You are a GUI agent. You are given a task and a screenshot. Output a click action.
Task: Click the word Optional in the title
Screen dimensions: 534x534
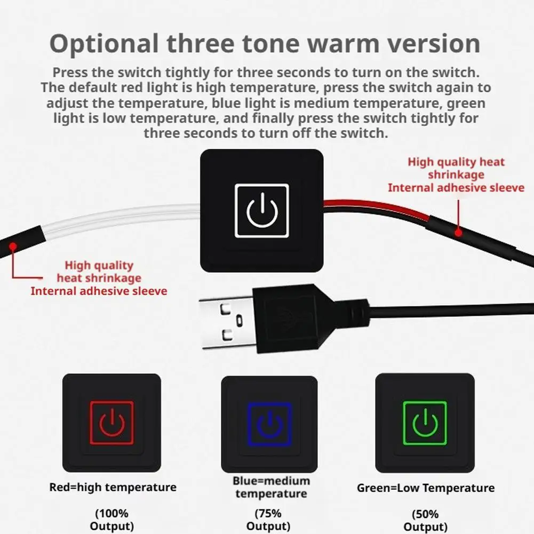coord(104,44)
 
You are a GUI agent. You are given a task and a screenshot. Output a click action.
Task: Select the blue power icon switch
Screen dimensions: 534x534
coord(269,424)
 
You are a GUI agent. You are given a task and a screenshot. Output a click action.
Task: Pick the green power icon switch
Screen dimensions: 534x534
coord(425,423)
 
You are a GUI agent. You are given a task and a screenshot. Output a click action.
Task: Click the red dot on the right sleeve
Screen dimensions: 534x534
coord(458,233)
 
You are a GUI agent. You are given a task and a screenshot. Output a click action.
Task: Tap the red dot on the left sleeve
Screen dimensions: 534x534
coord(13,246)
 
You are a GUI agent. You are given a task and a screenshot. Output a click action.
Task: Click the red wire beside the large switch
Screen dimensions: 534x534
coord(374,207)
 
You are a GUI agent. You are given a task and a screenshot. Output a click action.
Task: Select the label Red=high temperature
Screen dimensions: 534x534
coord(113,487)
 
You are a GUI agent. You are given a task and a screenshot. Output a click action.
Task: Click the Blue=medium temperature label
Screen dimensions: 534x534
coord(271,487)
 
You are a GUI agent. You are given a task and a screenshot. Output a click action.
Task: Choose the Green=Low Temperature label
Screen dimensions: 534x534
coord(426,488)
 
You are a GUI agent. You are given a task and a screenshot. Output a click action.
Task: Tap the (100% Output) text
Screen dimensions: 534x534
coord(111,520)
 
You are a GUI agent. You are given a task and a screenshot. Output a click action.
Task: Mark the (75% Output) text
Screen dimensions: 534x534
coord(268,520)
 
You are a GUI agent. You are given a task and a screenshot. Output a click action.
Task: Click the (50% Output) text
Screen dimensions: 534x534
coord(425,520)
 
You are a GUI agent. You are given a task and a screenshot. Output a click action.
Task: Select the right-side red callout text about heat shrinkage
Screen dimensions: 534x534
coord(456,174)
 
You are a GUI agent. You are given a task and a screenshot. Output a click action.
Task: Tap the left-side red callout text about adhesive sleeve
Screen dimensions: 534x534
coord(99,278)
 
